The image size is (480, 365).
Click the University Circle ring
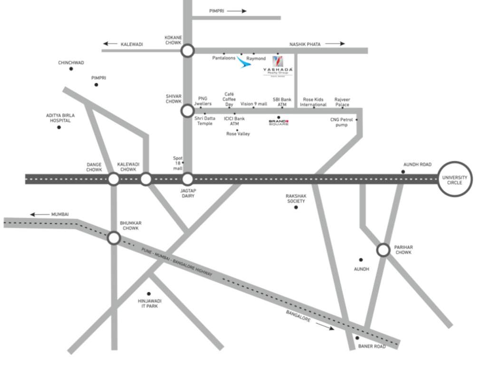coord(455,179)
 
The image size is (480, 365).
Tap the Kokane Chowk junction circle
coord(188,51)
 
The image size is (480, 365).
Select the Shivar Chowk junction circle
coord(187,111)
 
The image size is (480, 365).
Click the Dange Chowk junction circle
coord(114,179)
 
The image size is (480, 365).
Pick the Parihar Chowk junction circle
coord(383,250)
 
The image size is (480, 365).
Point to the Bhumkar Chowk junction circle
coord(114,238)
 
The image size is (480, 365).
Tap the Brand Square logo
coord(278,123)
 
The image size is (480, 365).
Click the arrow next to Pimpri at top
coord(237,11)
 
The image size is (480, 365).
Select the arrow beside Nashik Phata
coord(335,44)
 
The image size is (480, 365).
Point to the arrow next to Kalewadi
coord(111,44)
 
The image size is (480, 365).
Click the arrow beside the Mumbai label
coord(39,214)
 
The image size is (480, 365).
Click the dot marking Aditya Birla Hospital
coord(59,127)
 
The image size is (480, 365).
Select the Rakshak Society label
coord(295,198)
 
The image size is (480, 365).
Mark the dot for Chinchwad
coord(71,69)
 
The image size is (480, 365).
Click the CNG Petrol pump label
coord(342,122)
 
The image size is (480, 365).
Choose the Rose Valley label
coord(238,134)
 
